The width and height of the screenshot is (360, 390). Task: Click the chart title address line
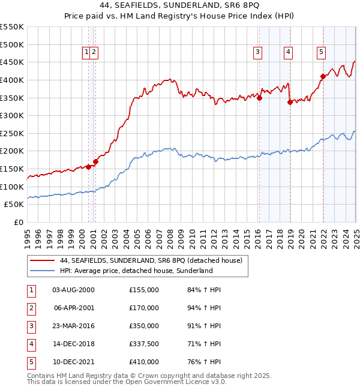click(x=179, y=5)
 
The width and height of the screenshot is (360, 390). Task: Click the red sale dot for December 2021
click(x=323, y=76)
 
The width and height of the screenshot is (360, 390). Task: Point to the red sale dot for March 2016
click(x=260, y=98)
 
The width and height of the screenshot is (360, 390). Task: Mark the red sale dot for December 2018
click(x=290, y=102)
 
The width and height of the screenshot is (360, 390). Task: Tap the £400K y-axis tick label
click(x=12, y=80)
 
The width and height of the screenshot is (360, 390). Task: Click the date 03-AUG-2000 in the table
click(x=73, y=290)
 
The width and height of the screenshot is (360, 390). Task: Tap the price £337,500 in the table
click(x=144, y=344)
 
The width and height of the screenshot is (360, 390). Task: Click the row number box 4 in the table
click(x=30, y=344)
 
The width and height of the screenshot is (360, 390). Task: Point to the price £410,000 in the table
click(x=144, y=362)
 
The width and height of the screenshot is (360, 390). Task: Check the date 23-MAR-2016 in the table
click(x=73, y=326)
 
